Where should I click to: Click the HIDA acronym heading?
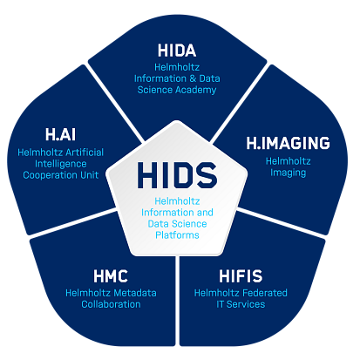[x=177, y=51]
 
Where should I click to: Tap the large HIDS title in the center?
[x=177, y=175]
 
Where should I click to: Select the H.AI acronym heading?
[x=60, y=134]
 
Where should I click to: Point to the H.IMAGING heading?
[x=288, y=143]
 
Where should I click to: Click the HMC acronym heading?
[x=111, y=276]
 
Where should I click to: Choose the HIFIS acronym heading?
[x=241, y=276]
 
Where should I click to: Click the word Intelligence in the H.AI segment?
[x=61, y=164]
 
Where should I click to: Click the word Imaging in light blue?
[x=288, y=173]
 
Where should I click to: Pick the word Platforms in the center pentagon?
[x=177, y=234]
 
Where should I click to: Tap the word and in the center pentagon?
[x=205, y=213]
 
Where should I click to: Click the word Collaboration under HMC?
[x=111, y=304]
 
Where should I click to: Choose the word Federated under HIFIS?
[x=265, y=293]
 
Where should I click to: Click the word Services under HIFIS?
[x=246, y=304]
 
